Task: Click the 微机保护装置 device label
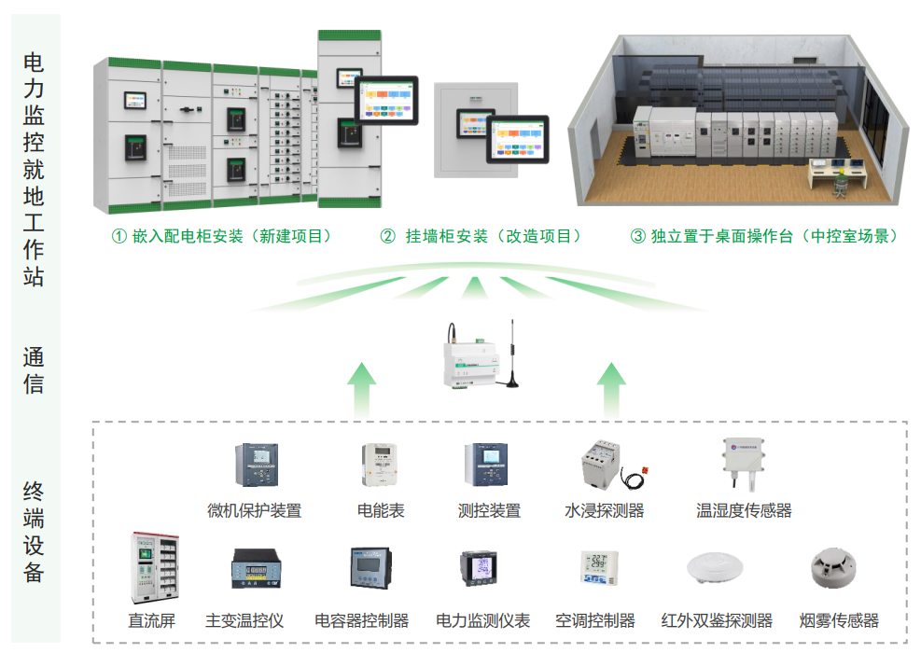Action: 254,510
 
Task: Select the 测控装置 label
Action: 489,510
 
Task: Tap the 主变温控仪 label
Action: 244,620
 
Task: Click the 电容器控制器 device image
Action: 371,569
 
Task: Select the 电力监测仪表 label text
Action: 482,620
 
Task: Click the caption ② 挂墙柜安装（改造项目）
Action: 481,236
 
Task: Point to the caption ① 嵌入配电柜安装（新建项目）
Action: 222,236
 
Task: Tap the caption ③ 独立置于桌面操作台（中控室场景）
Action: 764,236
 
